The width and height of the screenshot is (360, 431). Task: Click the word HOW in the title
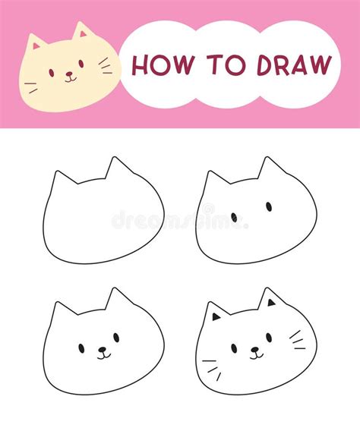160,65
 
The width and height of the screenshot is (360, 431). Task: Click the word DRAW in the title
293,65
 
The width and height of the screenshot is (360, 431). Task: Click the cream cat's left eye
52,72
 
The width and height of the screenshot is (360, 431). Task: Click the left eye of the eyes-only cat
233,217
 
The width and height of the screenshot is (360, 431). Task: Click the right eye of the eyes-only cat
269,206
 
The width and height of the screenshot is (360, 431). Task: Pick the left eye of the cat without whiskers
81,348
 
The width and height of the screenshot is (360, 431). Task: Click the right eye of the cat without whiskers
116,337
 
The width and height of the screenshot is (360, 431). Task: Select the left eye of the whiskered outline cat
234,348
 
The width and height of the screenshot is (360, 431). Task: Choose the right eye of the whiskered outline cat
269,337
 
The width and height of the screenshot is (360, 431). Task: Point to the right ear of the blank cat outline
116,168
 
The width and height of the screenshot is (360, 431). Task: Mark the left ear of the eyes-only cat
213,181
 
